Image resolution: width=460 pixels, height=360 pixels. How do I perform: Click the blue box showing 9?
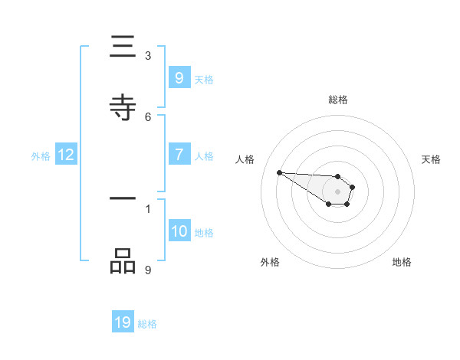pyautogui.click(x=179, y=77)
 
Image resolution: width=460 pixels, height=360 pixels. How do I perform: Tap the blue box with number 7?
pyautogui.click(x=179, y=155)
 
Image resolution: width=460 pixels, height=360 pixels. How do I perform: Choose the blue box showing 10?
pyautogui.click(x=179, y=231)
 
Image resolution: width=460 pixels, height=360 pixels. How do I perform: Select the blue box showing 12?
pyautogui.click(x=66, y=155)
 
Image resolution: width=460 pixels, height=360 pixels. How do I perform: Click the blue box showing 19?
pyautogui.click(x=123, y=322)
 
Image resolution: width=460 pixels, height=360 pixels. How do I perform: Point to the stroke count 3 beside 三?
pyautogui.click(x=148, y=55)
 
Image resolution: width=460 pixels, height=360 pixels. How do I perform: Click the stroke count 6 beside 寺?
pyautogui.click(x=148, y=116)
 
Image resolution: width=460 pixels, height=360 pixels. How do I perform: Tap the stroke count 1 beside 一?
pyautogui.click(x=148, y=208)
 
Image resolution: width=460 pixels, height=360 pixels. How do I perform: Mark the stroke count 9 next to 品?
pyautogui.click(x=148, y=270)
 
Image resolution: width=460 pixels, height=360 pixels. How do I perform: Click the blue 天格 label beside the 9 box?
pyautogui.click(x=204, y=79)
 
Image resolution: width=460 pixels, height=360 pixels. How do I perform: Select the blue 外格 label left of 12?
pyautogui.click(x=41, y=156)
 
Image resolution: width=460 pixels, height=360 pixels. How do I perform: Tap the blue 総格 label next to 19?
pyautogui.click(x=147, y=324)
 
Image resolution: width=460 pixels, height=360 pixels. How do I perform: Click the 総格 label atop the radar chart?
pyautogui.click(x=338, y=100)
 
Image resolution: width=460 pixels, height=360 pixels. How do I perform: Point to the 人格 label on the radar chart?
pyautogui.click(x=245, y=159)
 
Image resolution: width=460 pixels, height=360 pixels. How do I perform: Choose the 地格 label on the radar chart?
pyautogui.click(x=402, y=262)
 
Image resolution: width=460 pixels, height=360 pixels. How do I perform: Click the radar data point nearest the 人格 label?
pyautogui.click(x=279, y=172)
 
